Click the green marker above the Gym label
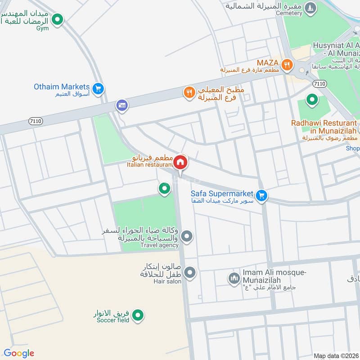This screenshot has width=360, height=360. [57, 19]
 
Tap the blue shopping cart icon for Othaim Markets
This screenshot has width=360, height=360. [99, 89]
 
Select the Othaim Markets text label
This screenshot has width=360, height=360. [62, 86]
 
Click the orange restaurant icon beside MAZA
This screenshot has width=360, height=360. [287, 66]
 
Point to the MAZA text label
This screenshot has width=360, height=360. [268, 62]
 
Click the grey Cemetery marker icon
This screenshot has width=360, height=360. [310, 8]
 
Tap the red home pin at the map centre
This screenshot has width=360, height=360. [180, 162]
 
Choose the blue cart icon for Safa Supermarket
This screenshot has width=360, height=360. [261, 196]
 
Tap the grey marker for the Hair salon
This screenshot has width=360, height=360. [190, 272]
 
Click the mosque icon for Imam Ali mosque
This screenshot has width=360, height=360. [234, 278]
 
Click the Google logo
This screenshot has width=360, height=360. [19, 353]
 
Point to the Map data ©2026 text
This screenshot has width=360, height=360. [336, 355]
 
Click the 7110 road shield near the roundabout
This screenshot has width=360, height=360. [319, 84]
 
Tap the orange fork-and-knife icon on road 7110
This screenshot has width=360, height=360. [189, 93]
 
